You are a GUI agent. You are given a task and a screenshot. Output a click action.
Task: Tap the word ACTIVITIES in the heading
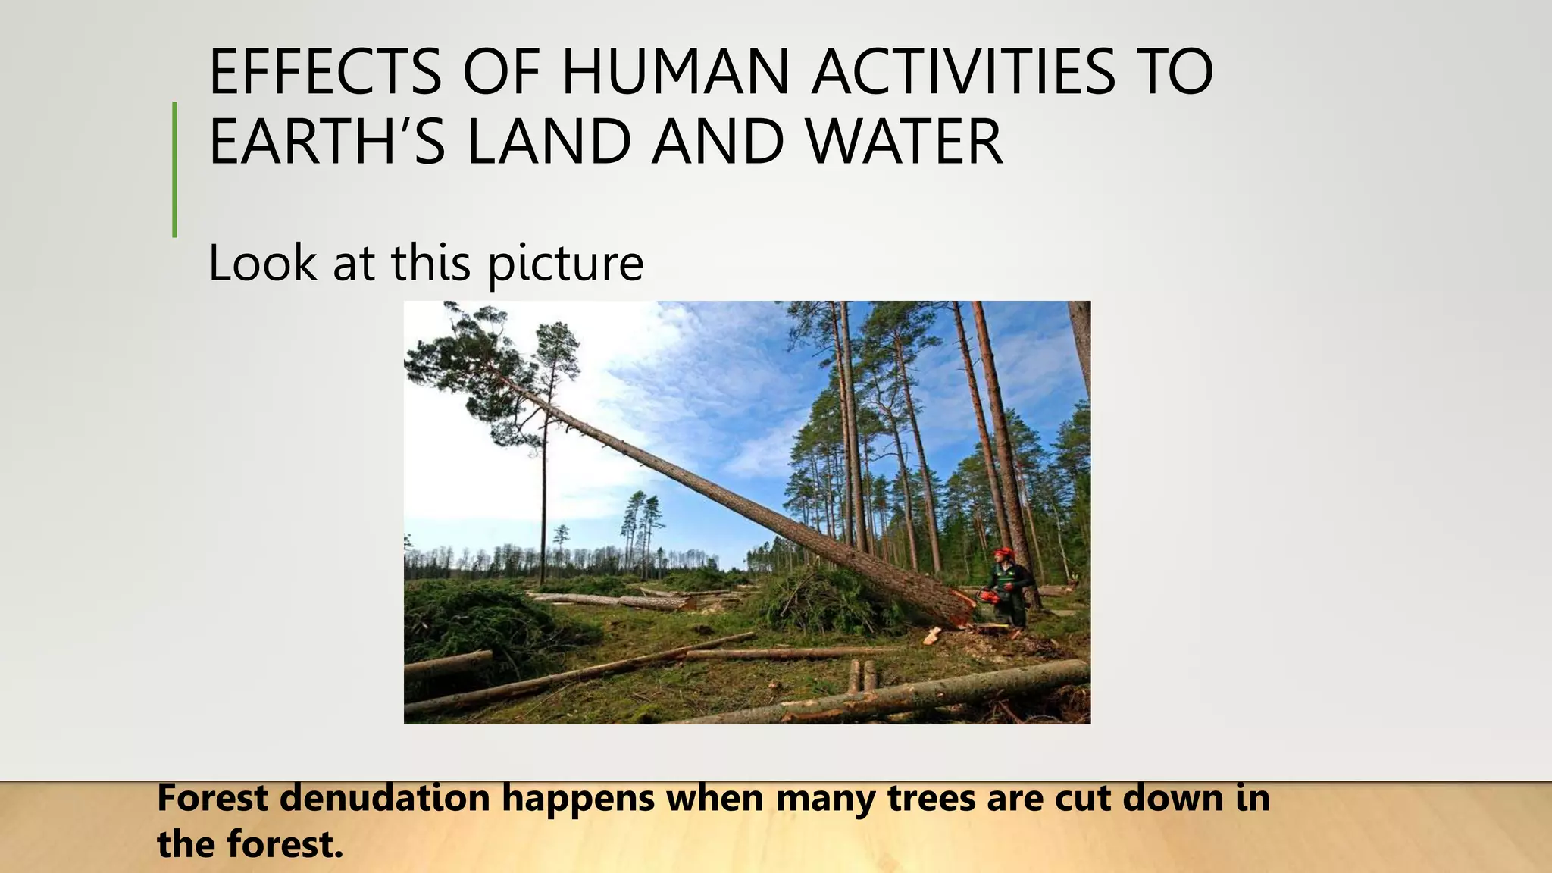[963, 72]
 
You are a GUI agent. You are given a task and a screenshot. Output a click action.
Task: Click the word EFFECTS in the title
[325, 72]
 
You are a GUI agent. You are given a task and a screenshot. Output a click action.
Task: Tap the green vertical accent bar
[175, 170]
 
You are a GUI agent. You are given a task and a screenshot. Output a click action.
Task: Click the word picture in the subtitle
[565, 264]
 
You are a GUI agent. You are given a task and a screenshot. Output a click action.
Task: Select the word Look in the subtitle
[262, 264]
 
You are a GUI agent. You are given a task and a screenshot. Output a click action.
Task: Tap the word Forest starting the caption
[213, 798]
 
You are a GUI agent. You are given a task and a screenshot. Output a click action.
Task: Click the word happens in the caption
[578, 799]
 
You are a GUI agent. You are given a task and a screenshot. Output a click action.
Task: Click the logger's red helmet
[1005, 553]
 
